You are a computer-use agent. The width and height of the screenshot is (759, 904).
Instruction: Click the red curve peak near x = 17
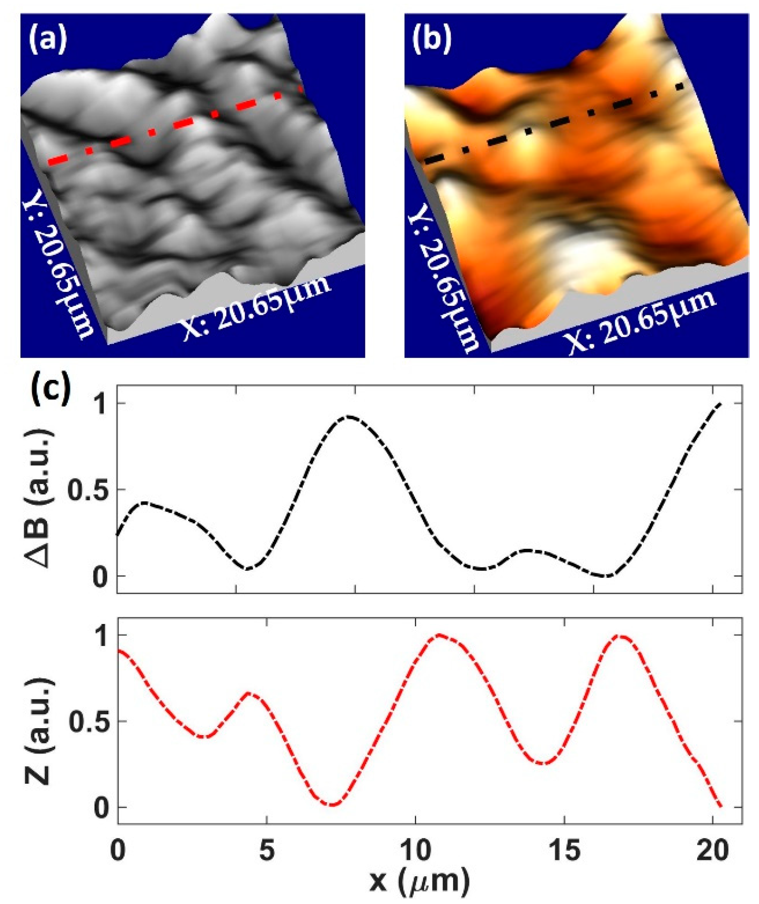pyautogui.click(x=620, y=636)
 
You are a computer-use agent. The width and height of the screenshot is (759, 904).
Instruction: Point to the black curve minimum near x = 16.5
pyautogui.click(x=607, y=576)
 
